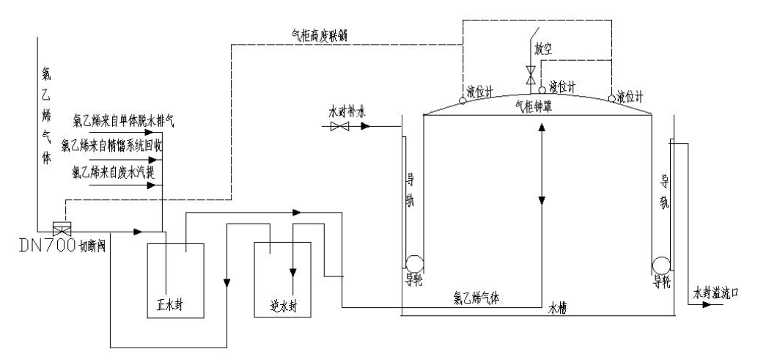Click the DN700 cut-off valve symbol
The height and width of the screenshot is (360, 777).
60,229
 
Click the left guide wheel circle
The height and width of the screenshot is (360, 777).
415,263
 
